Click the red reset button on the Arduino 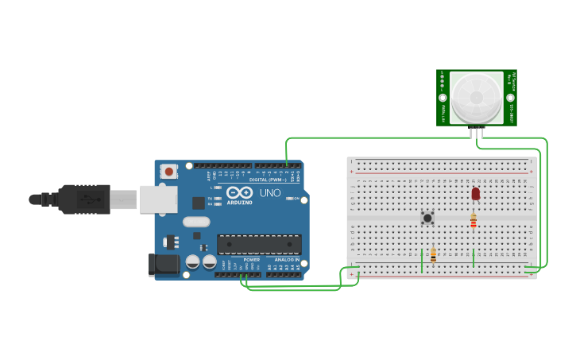[168, 171]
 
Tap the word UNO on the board [270, 193]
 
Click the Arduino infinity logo [239, 193]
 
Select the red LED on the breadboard [475, 193]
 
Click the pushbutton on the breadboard [427, 217]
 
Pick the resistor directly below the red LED [474, 221]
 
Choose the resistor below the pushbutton [433, 254]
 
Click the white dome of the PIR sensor [477, 98]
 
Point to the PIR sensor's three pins [477, 132]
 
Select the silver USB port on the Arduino [158, 199]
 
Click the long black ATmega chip [259, 245]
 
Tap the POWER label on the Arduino [251, 260]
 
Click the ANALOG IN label [287, 260]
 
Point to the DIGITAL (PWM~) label [269, 180]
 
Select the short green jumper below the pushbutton [421, 260]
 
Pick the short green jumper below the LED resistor [474, 257]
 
